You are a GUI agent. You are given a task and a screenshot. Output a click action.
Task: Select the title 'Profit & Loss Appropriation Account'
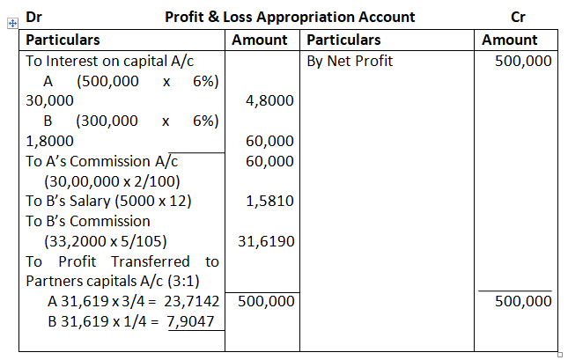point(290,17)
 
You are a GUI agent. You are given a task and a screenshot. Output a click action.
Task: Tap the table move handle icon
point(12,23)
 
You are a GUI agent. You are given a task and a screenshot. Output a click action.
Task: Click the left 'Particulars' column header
point(63,40)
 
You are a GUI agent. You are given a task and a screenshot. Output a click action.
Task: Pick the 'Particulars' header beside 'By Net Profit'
point(343,40)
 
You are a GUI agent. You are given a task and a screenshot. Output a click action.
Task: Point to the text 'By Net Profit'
point(350,61)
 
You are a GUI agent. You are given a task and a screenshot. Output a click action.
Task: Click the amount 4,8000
point(270,101)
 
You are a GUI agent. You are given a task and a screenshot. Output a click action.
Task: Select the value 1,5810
point(270,201)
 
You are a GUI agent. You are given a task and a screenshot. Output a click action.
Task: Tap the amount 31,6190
point(266,241)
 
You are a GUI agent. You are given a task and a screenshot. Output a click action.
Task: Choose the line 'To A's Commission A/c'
point(101,161)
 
